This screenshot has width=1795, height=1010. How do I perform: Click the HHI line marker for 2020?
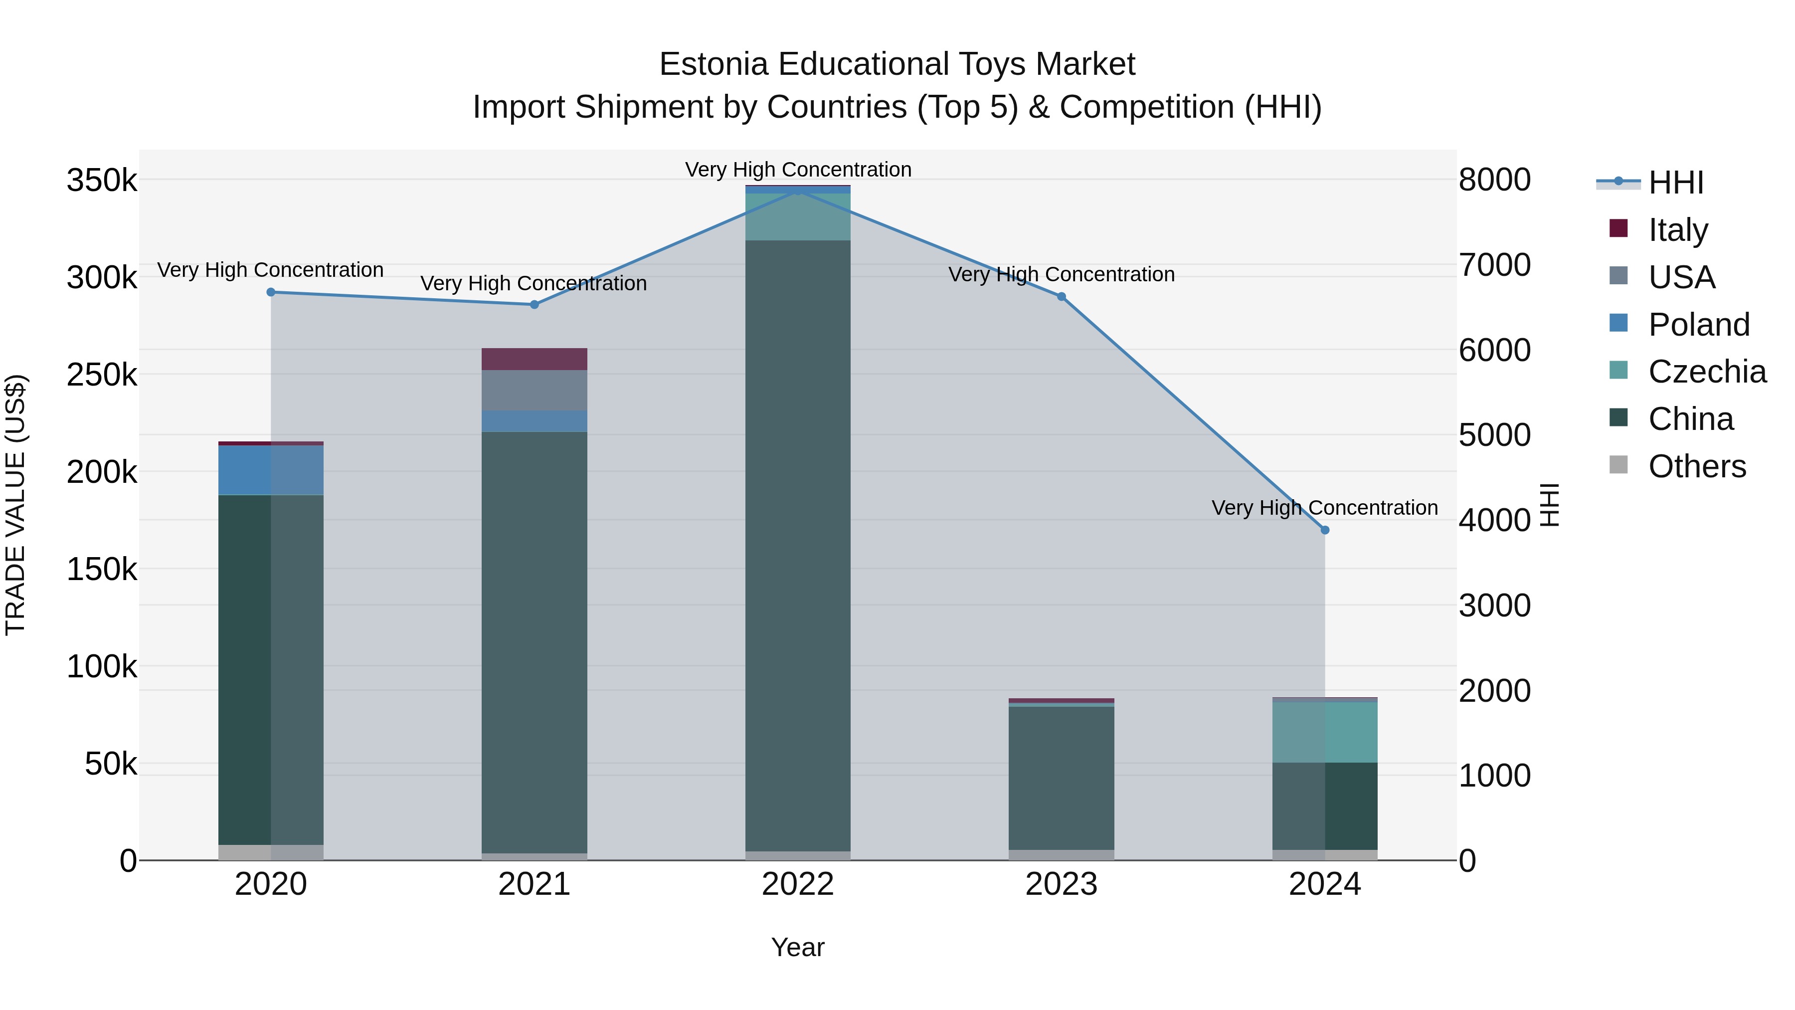pyautogui.click(x=271, y=293)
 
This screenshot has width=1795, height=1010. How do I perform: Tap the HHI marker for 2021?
pyautogui.click(x=535, y=305)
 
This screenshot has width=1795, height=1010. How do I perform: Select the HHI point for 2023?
pyautogui.click(x=1061, y=297)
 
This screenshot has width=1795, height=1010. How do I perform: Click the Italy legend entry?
pyautogui.click(x=1678, y=230)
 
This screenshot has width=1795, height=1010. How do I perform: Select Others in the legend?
pyautogui.click(x=1697, y=466)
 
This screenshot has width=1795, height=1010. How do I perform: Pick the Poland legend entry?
pyautogui.click(x=1698, y=325)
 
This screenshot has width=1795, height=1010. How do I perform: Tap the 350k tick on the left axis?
pyautogui.click(x=102, y=181)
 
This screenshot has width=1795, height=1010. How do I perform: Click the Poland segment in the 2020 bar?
pyautogui.click(x=271, y=470)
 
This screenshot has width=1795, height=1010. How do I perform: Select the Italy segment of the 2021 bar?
pyautogui.click(x=535, y=359)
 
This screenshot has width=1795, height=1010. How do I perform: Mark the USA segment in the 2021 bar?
pyautogui.click(x=535, y=391)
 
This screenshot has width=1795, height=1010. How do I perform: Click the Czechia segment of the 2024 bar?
pyautogui.click(x=1325, y=731)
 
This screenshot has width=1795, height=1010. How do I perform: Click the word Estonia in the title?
pyautogui.click(x=714, y=65)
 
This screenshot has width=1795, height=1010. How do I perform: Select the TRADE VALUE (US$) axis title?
pyautogui.click(x=16, y=505)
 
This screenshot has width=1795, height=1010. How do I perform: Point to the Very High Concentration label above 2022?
pyautogui.click(x=798, y=170)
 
